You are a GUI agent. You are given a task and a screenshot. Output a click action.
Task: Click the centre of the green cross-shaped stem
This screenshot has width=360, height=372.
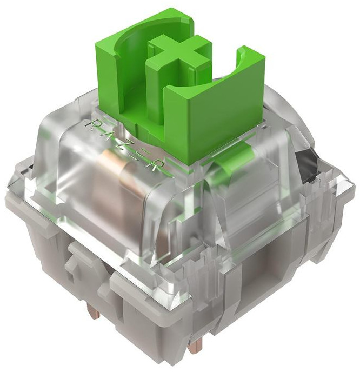(179, 55)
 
